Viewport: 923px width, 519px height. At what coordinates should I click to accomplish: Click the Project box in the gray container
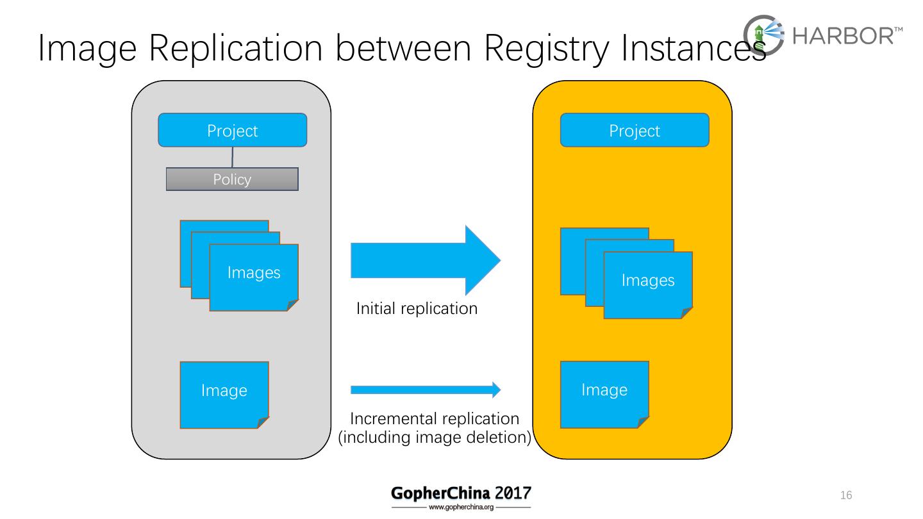232,131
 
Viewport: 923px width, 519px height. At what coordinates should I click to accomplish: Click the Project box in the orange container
635,131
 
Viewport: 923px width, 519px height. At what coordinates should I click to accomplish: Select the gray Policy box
232,179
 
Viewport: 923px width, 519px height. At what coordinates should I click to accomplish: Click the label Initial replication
417,308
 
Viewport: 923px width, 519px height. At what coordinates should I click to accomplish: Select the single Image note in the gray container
224,394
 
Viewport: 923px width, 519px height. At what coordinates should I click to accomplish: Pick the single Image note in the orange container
604,393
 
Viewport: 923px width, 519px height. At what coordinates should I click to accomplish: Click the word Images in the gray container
254,273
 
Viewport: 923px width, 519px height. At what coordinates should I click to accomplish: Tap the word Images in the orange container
648,281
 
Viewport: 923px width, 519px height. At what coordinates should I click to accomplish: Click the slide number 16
846,495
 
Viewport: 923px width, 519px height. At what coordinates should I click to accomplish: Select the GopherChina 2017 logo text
461,493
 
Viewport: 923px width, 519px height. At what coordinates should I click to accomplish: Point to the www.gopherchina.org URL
461,507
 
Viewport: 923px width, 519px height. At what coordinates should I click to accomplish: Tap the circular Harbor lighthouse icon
763,36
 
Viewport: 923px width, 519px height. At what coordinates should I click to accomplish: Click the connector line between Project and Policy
232,158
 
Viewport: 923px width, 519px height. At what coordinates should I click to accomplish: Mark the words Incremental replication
435,419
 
